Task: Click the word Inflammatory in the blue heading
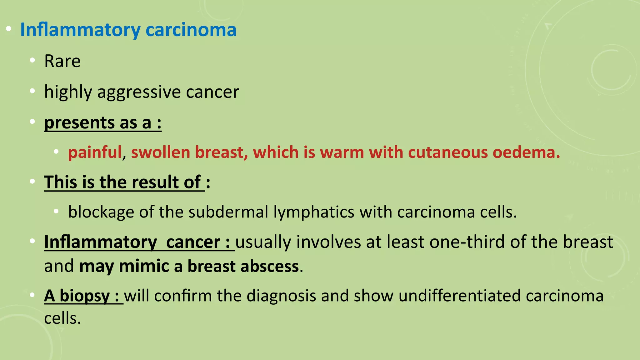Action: [80, 30]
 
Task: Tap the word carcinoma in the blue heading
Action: [191, 30]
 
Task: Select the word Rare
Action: [62, 61]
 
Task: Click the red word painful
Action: [95, 152]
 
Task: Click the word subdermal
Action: [228, 212]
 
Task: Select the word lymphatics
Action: [314, 212]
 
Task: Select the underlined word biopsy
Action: [85, 296]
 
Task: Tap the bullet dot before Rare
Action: [32, 60]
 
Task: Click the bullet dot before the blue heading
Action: [9, 29]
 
